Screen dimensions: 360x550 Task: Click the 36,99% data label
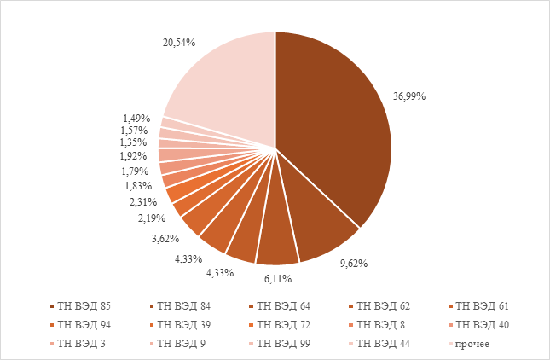pyautogui.click(x=408, y=96)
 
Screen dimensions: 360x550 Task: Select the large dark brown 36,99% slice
pyautogui.click(x=333, y=128)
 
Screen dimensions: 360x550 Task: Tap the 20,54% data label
pyautogui.click(x=180, y=41)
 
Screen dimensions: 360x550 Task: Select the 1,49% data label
pyautogui.click(x=136, y=118)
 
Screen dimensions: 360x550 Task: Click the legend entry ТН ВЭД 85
pyautogui.click(x=84, y=305)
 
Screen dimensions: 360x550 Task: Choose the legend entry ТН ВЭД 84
pyautogui.click(x=183, y=305)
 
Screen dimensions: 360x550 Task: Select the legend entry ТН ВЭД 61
pyautogui.click(x=482, y=305)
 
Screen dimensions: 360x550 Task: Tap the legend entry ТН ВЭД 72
pyautogui.click(x=283, y=324)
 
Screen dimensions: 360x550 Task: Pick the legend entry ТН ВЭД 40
pyautogui.click(x=482, y=324)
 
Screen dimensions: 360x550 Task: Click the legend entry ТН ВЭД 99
pyautogui.click(x=283, y=343)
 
